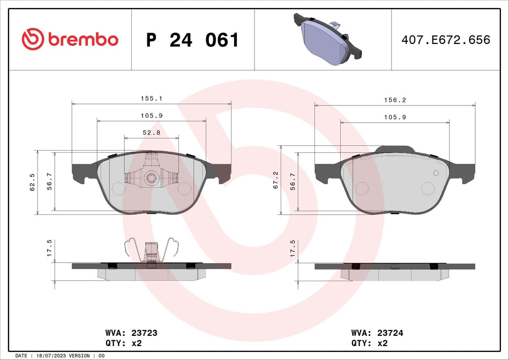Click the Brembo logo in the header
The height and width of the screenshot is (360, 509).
70,39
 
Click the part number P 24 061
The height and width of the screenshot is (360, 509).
192,40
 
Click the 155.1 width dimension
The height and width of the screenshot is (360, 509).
152,99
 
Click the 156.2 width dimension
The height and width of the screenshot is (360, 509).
395,100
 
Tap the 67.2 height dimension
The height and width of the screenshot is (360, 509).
275,181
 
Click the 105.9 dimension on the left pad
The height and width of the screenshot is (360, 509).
152,116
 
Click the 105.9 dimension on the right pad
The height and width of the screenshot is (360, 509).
395,117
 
